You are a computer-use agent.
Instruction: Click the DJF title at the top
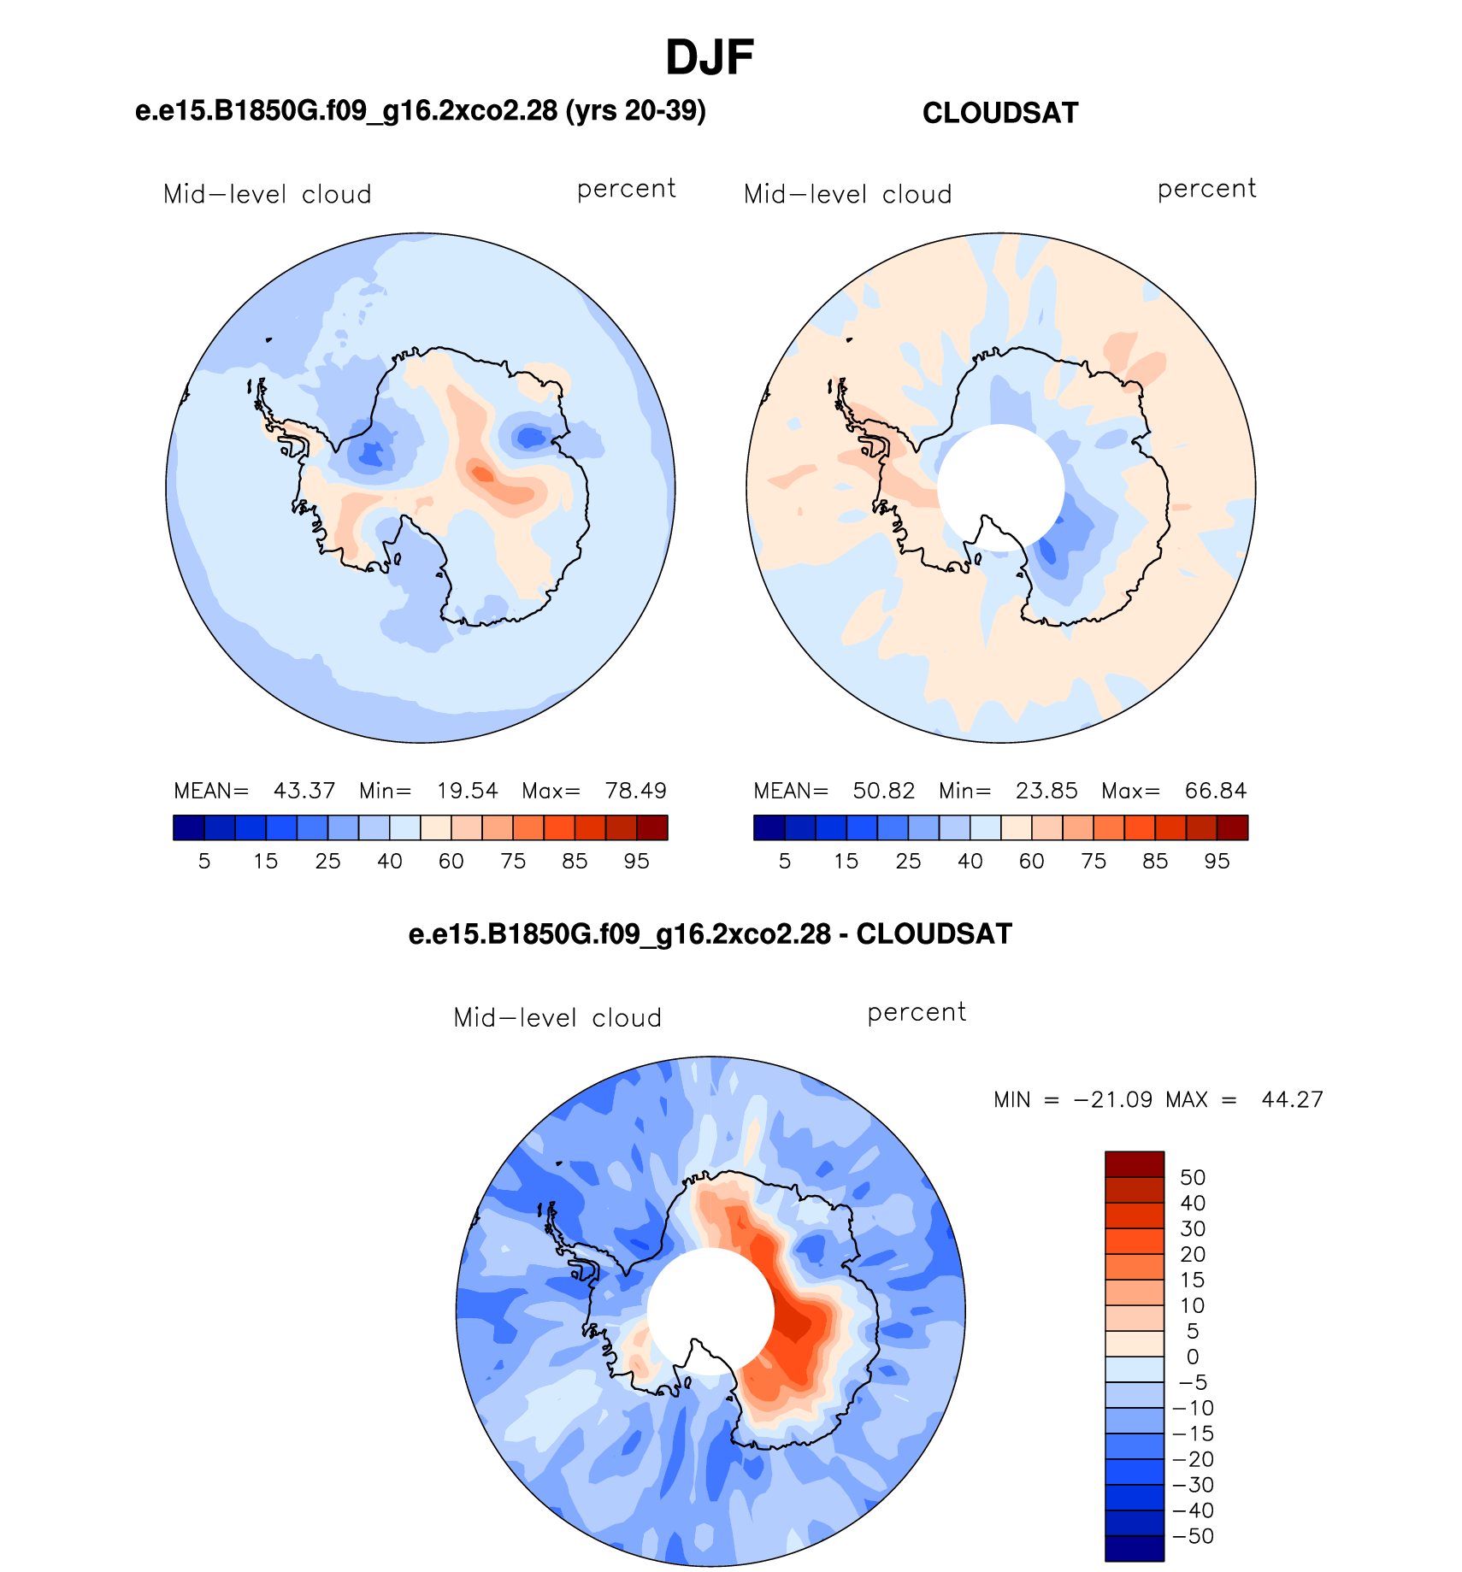[x=710, y=58]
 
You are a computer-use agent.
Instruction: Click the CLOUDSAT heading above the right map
[x=1000, y=113]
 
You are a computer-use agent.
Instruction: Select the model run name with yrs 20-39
[x=421, y=110]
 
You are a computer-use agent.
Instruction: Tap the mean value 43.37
[x=304, y=791]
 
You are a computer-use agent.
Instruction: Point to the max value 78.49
[x=635, y=791]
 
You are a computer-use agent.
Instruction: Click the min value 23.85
[x=1046, y=791]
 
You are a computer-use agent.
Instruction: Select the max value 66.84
[x=1216, y=791]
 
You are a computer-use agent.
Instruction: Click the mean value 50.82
[x=884, y=791]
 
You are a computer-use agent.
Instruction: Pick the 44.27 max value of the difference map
[x=1293, y=1099]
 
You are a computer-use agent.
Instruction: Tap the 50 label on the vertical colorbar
[x=1193, y=1177]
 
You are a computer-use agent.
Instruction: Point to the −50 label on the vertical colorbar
[x=1194, y=1536]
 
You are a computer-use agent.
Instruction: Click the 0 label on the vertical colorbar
[x=1193, y=1357]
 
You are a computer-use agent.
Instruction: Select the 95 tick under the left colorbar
[x=637, y=861]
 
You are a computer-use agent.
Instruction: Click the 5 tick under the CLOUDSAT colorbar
[x=785, y=861]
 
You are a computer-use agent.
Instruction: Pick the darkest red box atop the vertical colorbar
[x=1135, y=1164]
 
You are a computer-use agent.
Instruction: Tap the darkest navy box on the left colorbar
[x=189, y=827]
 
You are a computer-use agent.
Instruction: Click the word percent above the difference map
[x=917, y=1013]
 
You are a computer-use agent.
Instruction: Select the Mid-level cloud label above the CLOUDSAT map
[x=848, y=194]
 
